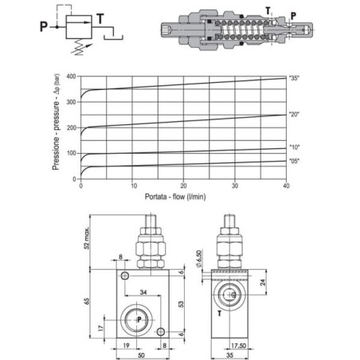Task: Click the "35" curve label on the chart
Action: point(294,78)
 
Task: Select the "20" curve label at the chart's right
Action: point(294,115)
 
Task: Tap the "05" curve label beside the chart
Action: point(294,161)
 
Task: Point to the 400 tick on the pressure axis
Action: point(71,76)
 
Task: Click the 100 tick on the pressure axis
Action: point(71,153)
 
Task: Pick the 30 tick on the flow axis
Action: point(235,186)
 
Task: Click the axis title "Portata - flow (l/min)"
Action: point(175,197)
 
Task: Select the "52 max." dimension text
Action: point(87,238)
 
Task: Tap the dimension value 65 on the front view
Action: point(87,301)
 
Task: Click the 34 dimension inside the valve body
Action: point(143,292)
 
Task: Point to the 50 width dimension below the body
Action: point(142,355)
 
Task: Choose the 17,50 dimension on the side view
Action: point(238,346)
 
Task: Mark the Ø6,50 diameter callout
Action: point(199,258)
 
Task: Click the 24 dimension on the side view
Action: point(263,282)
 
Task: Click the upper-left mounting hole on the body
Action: point(125,276)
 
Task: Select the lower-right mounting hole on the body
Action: point(161,331)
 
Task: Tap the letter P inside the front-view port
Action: point(139,319)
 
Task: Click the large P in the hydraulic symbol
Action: point(44,26)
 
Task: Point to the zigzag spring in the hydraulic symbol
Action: point(80,47)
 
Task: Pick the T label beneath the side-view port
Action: point(220,314)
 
